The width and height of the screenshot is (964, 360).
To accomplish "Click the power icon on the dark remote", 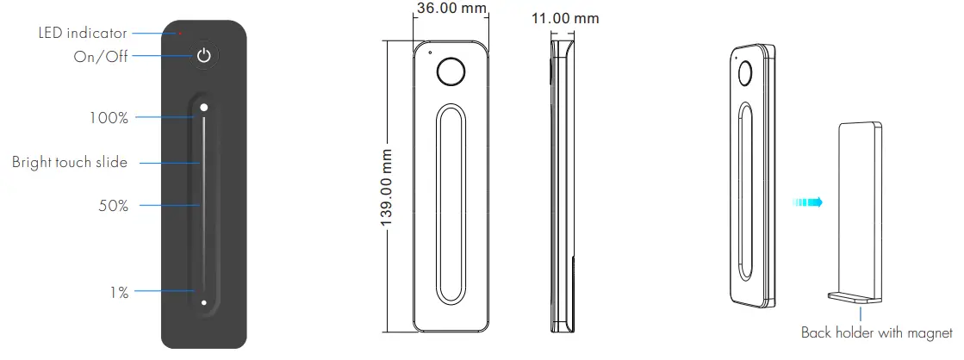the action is coord(204,57).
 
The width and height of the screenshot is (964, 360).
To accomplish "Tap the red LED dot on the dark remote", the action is coord(180,34).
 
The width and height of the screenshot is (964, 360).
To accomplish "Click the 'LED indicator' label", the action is coord(83,34).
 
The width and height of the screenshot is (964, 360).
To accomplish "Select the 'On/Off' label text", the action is coord(101,57).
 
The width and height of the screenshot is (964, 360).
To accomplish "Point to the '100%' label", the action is coord(109,117).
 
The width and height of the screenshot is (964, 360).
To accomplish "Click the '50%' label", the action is coord(114,206).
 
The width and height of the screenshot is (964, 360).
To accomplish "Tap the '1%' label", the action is coord(119,293).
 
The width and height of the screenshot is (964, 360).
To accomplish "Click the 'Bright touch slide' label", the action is coord(70,163).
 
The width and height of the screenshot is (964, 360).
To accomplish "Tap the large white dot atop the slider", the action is coord(204,108).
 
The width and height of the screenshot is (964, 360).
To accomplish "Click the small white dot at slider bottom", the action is coord(203,302).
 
